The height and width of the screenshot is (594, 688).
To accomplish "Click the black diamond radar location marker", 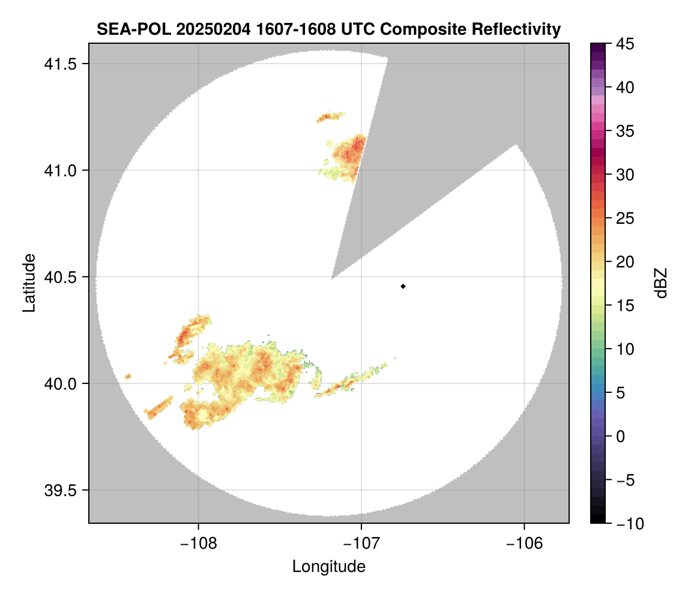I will pyautogui.click(x=403, y=286).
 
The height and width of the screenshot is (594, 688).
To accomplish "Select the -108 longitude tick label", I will pyautogui.click(x=198, y=544).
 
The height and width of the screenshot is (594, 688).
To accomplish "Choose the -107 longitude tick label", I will pyautogui.click(x=361, y=544).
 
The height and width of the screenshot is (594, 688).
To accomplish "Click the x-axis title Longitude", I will pyautogui.click(x=329, y=566).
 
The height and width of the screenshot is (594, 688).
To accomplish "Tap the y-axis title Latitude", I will pyautogui.click(x=29, y=283).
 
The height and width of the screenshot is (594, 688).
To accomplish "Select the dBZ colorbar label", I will pyautogui.click(x=661, y=283).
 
